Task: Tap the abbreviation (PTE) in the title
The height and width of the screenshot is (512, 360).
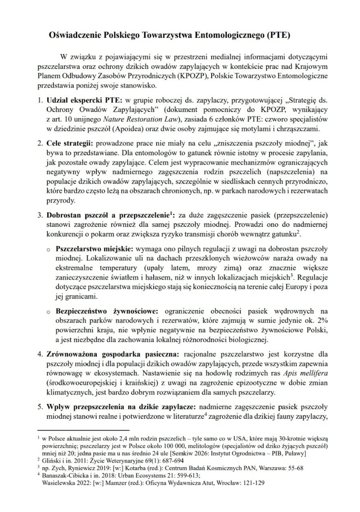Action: pyautogui.click(x=278, y=35)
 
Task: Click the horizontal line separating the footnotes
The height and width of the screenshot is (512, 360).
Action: pyautogui.click(x=83, y=430)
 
